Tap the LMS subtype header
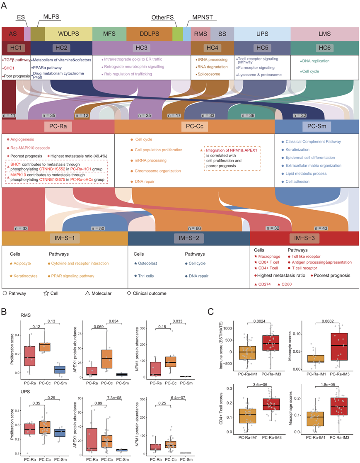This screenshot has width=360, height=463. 324,33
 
